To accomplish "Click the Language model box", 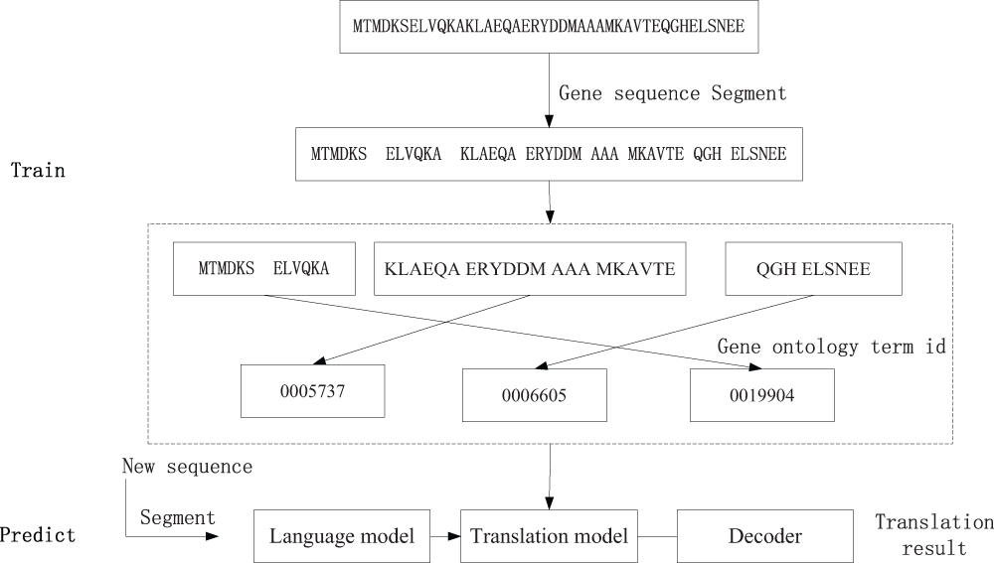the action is pos(342,536).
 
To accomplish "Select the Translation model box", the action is pos(549,536).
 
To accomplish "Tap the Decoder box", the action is pos(765,536).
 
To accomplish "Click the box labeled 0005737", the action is pos(312,391).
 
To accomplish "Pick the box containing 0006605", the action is pos(535,395).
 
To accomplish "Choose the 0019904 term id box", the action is pos(762,395).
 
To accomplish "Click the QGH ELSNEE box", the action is pos(813,268).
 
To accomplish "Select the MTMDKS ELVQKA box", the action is pos(264,268).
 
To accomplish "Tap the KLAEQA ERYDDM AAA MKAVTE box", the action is pos(530,268).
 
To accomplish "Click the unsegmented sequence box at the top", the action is pos(549,27).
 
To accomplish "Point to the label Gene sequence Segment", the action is pos(673,93).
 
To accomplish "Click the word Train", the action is pos(38,171).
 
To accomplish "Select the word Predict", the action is pos(38,535).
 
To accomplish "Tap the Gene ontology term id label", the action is pos(832,347).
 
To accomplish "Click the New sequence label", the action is pos(188,467).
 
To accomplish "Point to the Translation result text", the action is pos(934,534).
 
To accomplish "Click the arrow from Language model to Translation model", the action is pos(445,536).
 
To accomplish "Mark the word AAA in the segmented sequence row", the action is pos(604,154).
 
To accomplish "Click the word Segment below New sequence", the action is pos(178,518).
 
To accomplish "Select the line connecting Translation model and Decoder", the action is pos(657,536).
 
